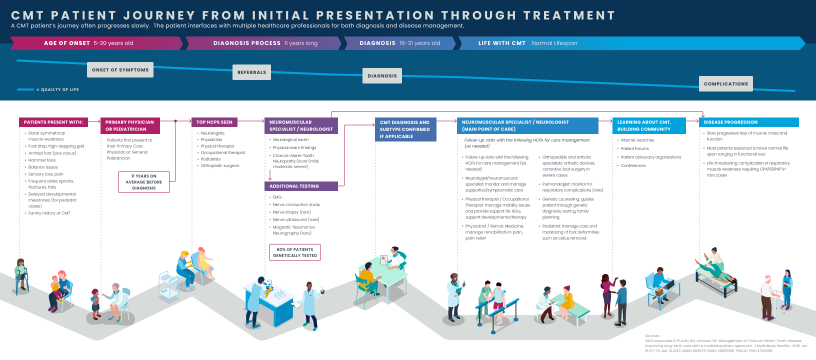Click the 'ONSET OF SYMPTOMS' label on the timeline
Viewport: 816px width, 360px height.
120,70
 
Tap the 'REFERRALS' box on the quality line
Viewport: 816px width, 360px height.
251,72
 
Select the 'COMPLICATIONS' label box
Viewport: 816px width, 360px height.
725,84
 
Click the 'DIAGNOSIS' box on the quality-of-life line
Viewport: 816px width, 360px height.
382,76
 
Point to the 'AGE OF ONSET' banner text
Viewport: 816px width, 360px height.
67,43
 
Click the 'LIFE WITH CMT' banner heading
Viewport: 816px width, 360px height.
501,43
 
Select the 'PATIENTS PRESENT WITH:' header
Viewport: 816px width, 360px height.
53,122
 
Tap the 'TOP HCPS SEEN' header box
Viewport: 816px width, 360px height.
214,122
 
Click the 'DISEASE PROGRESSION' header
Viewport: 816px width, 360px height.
730,122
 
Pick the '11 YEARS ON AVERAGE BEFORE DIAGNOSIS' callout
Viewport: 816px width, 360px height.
144,182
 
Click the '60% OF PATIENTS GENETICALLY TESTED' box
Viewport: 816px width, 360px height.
295,252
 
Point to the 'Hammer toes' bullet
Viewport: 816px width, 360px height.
42,160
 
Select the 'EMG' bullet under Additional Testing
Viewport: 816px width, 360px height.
277,197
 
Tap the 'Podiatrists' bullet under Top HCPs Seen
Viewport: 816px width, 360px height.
210,159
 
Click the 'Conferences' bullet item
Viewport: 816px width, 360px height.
633,165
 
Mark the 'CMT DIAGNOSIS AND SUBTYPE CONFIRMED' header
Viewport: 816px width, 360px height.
405,129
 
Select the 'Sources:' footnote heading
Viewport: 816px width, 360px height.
652,336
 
